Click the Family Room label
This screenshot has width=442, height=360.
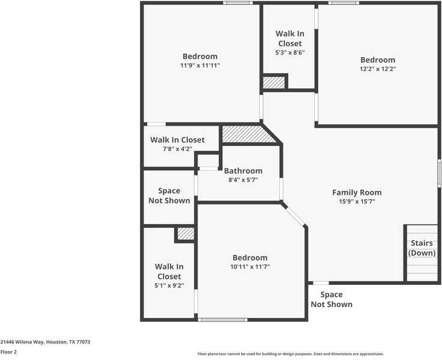(x=357, y=192)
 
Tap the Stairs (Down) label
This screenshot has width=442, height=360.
(x=422, y=248)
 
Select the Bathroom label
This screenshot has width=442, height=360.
(x=243, y=171)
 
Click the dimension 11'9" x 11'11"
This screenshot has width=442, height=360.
(x=200, y=66)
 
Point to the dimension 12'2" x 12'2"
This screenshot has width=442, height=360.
(x=378, y=69)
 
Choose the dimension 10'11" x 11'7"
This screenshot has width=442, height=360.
(x=250, y=267)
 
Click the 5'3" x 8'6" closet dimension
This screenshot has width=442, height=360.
(x=289, y=53)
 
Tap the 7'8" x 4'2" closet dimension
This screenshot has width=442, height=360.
(x=177, y=149)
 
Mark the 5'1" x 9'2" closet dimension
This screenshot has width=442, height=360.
(x=169, y=286)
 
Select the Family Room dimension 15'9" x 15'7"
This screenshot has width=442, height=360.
(x=357, y=202)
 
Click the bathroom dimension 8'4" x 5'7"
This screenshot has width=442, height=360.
(x=243, y=180)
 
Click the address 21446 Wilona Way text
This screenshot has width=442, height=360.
(x=45, y=342)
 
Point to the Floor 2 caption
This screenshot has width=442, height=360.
(x=8, y=352)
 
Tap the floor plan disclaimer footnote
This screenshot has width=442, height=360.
(x=291, y=354)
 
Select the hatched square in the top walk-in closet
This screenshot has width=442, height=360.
(x=274, y=82)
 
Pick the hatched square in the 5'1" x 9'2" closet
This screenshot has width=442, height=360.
(x=186, y=233)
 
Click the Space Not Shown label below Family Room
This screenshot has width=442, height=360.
(x=331, y=299)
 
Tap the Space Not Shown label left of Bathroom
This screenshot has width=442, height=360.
(x=169, y=195)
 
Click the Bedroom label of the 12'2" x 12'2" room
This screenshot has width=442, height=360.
(x=378, y=59)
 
